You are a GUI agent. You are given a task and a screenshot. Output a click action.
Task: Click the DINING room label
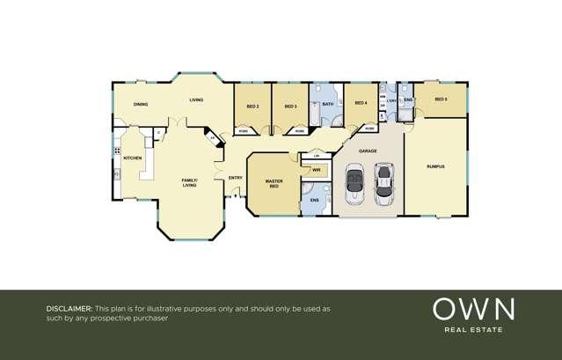[x=141, y=104]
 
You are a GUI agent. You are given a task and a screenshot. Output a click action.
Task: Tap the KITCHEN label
[x=133, y=158]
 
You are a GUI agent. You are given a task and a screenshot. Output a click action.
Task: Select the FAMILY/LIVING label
[x=190, y=183]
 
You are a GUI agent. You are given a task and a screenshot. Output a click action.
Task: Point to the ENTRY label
[x=235, y=179]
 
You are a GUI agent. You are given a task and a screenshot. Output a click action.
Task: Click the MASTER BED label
[x=274, y=184]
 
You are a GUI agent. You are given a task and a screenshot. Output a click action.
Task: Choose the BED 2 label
[x=252, y=107]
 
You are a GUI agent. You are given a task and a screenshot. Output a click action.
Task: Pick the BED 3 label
[x=290, y=107]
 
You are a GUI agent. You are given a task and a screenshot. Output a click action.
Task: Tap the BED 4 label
[x=360, y=103]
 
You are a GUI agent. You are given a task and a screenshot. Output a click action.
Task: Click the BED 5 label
[x=441, y=99]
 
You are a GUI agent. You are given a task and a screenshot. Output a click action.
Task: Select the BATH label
[x=328, y=105]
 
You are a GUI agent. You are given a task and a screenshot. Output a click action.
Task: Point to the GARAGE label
[x=368, y=151]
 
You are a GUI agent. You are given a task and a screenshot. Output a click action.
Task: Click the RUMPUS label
[x=435, y=165]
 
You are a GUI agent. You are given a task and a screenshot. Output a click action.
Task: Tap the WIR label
[x=316, y=168]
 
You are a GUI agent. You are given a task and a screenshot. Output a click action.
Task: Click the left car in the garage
[x=354, y=185]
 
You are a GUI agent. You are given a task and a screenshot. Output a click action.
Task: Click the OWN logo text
[x=473, y=309]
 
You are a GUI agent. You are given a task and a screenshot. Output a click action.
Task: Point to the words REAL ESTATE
[x=473, y=330]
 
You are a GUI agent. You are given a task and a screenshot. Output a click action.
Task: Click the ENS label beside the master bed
[x=315, y=201]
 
